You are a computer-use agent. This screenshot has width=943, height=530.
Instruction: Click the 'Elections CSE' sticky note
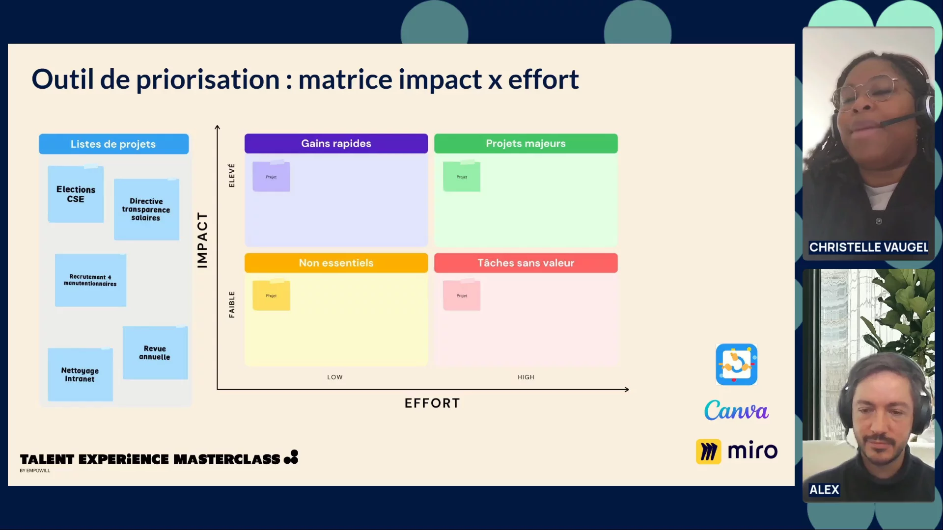[76, 194]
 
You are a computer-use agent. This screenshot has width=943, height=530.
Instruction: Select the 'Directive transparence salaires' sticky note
[146, 210]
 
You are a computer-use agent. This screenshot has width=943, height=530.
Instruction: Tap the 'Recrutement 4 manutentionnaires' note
[90, 280]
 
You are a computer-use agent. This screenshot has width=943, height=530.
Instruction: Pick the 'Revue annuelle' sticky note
[155, 353]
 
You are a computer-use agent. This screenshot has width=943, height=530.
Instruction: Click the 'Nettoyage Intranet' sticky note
[80, 375]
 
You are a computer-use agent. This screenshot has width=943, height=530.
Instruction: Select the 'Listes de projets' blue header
[113, 144]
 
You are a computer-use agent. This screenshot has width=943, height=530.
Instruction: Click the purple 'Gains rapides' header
[336, 144]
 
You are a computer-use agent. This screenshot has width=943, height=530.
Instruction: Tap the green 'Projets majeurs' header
[526, 144]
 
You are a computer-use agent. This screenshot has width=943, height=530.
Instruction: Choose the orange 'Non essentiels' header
[336, 263]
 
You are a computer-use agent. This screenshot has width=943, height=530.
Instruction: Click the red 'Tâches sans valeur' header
[526, 263]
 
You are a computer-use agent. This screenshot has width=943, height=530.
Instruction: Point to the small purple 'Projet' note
[271, 177]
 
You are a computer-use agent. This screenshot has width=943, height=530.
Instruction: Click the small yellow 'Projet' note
[271, 295]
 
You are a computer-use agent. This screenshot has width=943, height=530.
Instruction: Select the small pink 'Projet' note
[462, 295]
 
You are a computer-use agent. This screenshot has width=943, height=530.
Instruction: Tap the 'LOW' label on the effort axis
[335, 377]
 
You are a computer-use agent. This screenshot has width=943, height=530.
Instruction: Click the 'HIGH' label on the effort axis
[526, 377]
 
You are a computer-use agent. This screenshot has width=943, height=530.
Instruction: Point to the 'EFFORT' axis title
[432, 403]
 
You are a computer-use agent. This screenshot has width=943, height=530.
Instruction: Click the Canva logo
[736, 410]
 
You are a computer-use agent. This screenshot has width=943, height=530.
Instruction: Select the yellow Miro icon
[708, 451]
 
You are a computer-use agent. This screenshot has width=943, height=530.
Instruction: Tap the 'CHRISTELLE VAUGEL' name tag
[868, 247]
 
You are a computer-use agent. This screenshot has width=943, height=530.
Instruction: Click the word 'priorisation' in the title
[208, 79]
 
